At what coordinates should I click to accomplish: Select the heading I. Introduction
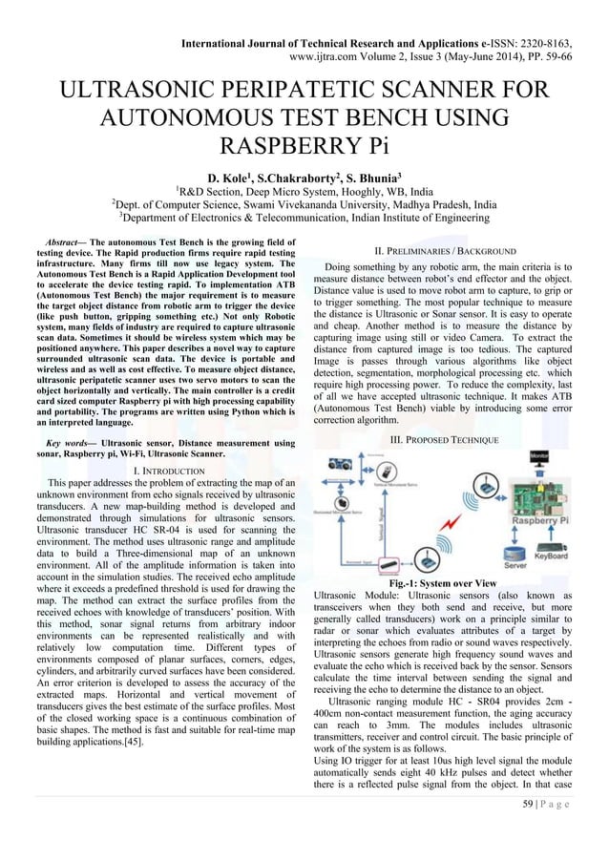[x=162, y=472]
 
